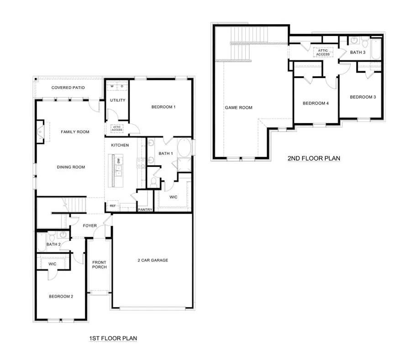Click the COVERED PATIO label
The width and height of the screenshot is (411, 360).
[x=68, y=88]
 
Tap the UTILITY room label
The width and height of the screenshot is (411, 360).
[x=117, y=100]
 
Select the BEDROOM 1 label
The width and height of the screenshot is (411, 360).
[x=163, y=107]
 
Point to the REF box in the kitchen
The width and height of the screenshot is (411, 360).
[x=112, y=206]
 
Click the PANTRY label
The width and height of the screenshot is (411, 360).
[x=145, y=210]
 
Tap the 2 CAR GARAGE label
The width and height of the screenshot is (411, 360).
[x=153, y=260]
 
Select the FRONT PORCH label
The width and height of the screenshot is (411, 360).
[x=99, y=265]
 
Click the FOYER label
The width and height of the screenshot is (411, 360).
[x=90, y=225]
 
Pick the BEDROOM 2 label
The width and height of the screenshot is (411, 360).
[x=61, y=296]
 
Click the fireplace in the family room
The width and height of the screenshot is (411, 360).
[x=41, y=132]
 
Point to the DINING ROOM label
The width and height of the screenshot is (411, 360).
[x=71, y=167]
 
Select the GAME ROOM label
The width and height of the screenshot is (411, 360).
[x=238, y=108]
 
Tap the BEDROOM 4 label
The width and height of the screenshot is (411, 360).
[x=316, y=103]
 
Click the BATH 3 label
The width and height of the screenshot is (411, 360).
[x=358, y=52]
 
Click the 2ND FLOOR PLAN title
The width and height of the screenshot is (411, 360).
[x=314, y=159]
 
